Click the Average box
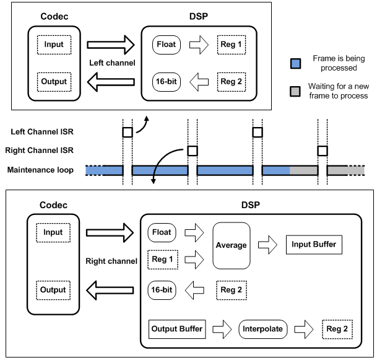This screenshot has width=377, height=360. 231,245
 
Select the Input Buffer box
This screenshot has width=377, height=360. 313,245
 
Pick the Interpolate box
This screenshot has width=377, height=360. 263,329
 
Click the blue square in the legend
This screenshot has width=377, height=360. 296,63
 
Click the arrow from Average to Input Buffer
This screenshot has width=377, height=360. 267,245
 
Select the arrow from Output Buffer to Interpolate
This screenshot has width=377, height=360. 222,329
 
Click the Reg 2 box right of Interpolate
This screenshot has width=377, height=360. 338,329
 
